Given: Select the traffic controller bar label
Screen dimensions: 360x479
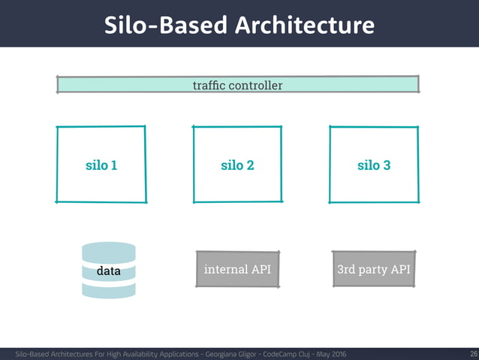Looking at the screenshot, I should [x=237, y=85].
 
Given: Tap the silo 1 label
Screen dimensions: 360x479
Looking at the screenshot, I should [x=100, y=165].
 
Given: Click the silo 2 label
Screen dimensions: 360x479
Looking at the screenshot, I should [x=237, y=165].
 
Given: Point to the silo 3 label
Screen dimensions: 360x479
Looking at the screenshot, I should [x=373, y=165].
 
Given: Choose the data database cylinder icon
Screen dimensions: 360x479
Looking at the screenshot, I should [x=109, y=270].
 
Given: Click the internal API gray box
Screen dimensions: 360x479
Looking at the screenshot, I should [x=237, y=269].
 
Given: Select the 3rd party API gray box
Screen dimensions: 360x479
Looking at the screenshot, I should [x=373, y=269].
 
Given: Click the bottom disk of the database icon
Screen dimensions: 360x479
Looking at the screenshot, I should [x=109, y=290].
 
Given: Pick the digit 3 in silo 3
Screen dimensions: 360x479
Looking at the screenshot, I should [x=386, y=165].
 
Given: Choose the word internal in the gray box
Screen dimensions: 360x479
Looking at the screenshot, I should [x=225, y=269].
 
